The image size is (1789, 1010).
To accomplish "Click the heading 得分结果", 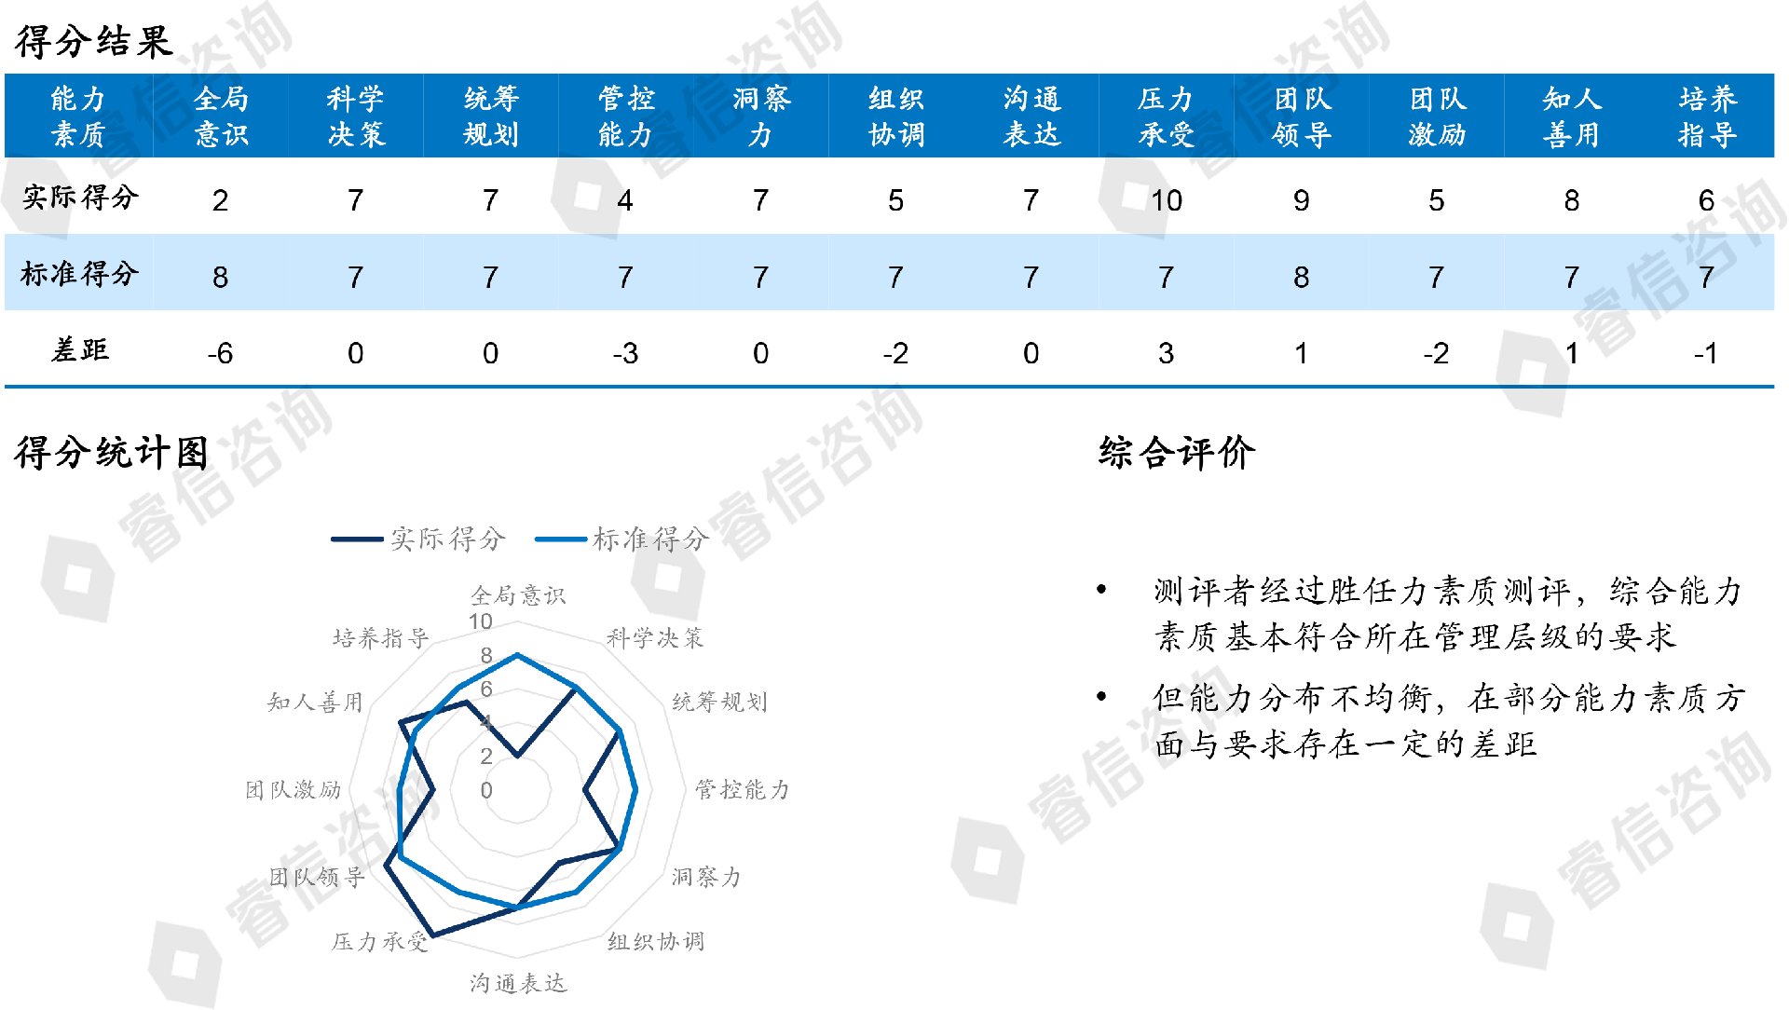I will point(93,42).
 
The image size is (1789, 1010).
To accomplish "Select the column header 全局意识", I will point(221,116).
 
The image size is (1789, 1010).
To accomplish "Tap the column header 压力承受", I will point(1166,116).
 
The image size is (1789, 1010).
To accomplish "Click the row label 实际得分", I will point(80,198).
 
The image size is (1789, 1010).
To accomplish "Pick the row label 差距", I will point(80,350).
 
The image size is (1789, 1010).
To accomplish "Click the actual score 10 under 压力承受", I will point(1166,200).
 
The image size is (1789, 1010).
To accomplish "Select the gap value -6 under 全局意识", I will point(220,353).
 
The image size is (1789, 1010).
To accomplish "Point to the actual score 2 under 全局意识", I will point(220,200).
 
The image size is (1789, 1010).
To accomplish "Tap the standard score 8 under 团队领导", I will point(1301,277).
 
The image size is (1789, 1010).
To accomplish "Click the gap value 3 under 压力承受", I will point(1166,353).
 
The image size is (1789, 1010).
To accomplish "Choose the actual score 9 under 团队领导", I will point(1301,200).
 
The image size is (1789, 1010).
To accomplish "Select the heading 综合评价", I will point(1177,453).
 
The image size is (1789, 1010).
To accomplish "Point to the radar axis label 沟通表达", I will point(518,983).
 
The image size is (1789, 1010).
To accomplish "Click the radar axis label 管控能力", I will point(742,790).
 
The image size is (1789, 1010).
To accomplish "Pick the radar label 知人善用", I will point(315,702).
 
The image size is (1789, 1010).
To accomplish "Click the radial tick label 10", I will point(480,621).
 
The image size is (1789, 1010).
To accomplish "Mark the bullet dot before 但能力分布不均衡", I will point(1101,696).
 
